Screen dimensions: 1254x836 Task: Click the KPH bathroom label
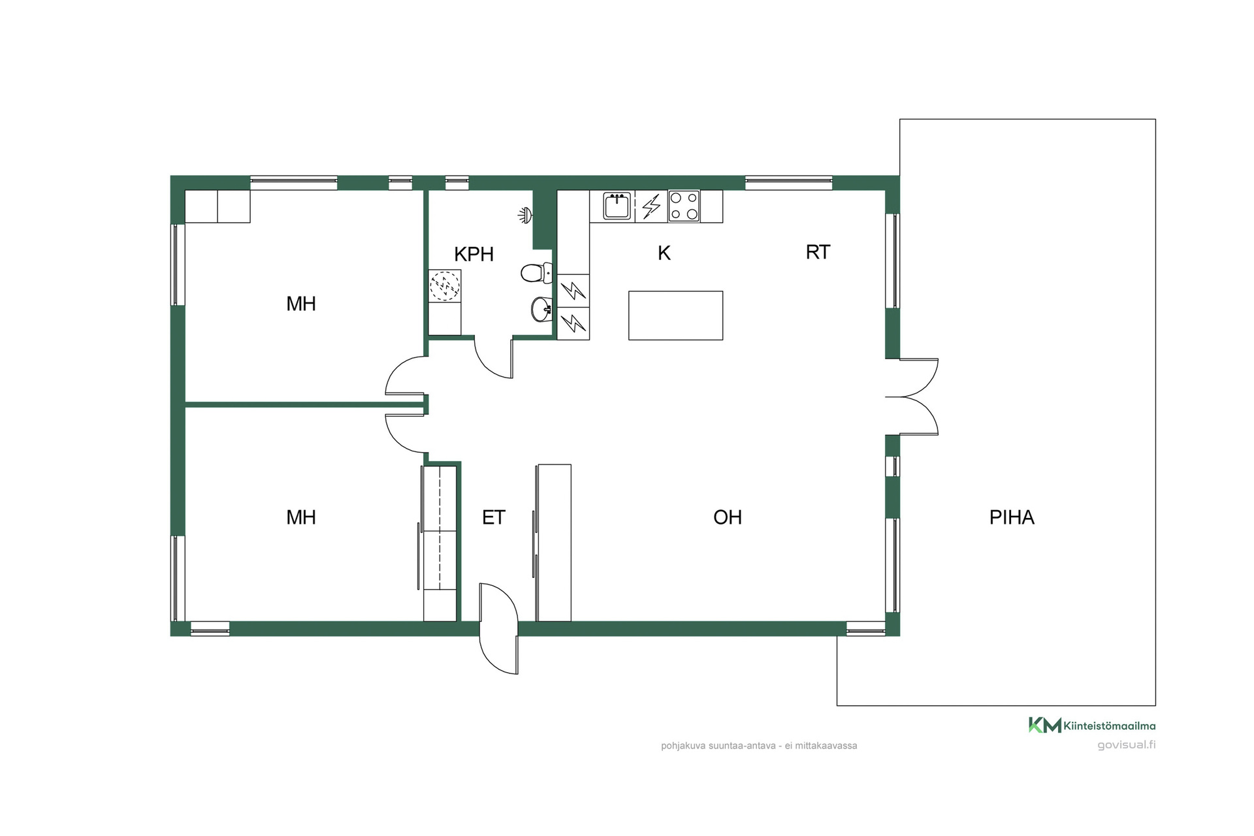(x=474, y=254)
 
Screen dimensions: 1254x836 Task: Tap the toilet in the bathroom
(x=536, y=272)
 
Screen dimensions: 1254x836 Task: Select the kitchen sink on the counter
(x=617, y=206)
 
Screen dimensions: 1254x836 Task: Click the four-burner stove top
(x=684, y=206)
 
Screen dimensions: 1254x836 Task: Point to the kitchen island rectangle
(x=675, y=315)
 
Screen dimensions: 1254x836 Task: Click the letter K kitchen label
(x=664, y=253)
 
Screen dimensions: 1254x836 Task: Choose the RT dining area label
(x=818, y=252)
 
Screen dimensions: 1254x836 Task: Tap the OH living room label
(x=728, y=517)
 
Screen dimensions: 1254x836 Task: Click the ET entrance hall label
(x=494, y=517)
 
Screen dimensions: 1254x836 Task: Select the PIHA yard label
(x=1012, y=517)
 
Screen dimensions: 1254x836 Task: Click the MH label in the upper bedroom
(x=301, y=304)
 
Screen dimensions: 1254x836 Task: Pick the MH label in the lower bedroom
(x=301, y=517)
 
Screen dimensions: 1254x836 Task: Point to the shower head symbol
(x=525, y=214)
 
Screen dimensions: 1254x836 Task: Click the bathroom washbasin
(x=541, y=310)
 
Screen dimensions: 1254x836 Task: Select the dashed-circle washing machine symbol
(x=445, y=285)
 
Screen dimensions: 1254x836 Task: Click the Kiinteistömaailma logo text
(x=1110, y=726)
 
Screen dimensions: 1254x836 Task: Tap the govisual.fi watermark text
(x=1127, y=745)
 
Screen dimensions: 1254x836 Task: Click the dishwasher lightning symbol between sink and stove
(x=651, y=206)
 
